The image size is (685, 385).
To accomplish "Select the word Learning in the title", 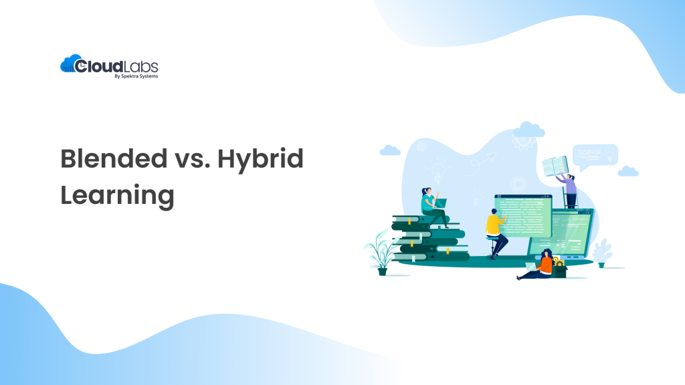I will (117, 196).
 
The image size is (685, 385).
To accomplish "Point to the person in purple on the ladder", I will (570, 188).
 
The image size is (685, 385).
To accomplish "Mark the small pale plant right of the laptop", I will (601, 253).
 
